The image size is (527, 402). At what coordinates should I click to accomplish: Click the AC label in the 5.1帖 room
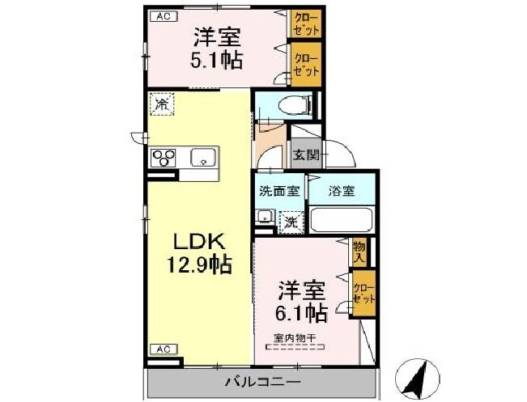pos(162,15)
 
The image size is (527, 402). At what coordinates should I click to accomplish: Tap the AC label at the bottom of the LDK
pos(163,349)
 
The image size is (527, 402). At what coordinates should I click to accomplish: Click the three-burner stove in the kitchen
pos(162,157)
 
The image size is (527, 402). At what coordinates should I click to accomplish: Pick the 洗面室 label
pos(279,192)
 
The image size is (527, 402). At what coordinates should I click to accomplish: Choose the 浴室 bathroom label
pos(341,192)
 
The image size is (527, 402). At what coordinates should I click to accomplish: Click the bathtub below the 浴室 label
pos(341,220)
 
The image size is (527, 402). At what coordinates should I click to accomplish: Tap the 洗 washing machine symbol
pos(290,220)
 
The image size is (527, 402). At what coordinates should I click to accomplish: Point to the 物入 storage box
pos(359,252)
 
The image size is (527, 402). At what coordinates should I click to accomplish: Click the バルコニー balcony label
pos(261,381)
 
